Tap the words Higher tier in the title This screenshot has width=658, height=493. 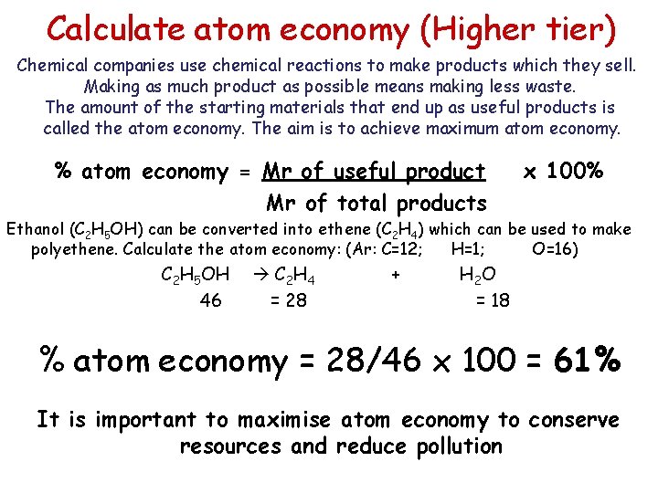point(521,30)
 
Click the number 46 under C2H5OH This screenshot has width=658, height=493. point(210,299)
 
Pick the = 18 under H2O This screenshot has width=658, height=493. point(493,299)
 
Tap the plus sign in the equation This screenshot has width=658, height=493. point(394,273)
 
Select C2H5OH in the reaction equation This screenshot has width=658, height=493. point(195,274)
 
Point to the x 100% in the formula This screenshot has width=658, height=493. point(562,171)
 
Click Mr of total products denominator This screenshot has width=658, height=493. point(376,203)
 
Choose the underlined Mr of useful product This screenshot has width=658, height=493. point(374,172)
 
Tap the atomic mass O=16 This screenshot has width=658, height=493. point(554,248)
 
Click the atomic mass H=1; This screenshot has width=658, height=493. point(468,248)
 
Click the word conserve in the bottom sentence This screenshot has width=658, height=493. point(573,420)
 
